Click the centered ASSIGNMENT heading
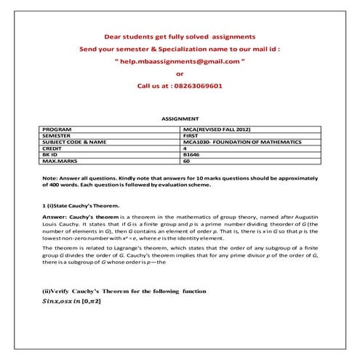coord(180,117)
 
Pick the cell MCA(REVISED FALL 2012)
coord(216,128)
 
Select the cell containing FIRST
coord(191,135)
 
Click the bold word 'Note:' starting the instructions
coord(50,178)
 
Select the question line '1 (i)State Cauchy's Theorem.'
coord(81,207)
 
